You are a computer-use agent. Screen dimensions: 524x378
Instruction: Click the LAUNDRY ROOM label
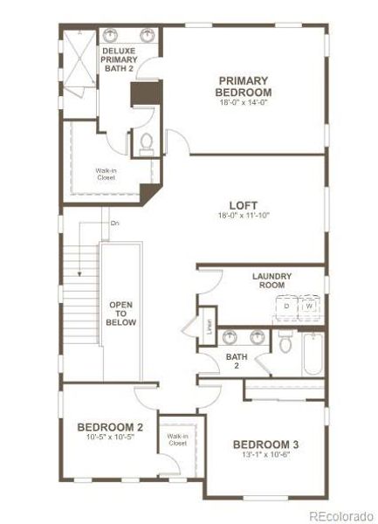point(271,281)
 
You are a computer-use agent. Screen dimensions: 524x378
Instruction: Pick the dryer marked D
point(286,307)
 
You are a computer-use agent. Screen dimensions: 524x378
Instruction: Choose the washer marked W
point(310,307)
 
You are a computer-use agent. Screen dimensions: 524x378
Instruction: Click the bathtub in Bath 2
point(313,353)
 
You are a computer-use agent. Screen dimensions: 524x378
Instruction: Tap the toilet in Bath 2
point(285,343)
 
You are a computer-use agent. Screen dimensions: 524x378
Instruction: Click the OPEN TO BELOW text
point(120,313)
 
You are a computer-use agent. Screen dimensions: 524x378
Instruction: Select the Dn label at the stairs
point(115,224)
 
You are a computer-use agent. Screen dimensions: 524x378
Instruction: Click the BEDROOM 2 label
point(110,427)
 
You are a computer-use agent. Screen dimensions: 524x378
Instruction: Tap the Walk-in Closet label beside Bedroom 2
point(179,439)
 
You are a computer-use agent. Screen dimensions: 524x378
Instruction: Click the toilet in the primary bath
point(146,142)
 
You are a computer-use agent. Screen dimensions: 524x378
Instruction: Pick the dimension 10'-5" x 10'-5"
point(110,438)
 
